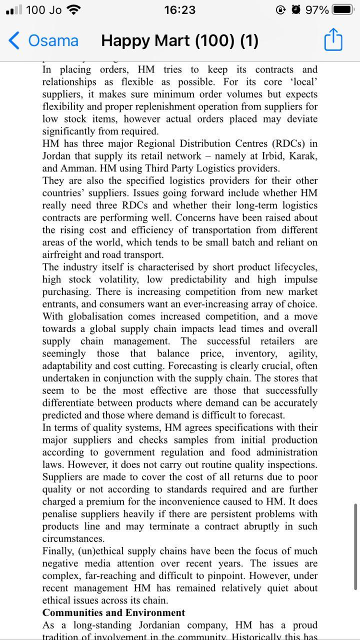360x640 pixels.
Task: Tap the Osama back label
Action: click(53, 40)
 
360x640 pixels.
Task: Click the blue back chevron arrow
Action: click(15, 40)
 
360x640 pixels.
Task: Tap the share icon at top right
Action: click(333, 39)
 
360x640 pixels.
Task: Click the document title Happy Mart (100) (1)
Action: click(179, 40)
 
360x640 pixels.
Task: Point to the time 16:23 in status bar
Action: click(179, 10)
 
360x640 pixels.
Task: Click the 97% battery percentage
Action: click(317, 10)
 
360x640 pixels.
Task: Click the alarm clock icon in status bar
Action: click(296, 10)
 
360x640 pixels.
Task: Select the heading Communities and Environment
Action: click(113, 612)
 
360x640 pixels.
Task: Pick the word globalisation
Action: click(95, 316)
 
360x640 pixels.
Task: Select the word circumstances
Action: click(73, 538)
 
